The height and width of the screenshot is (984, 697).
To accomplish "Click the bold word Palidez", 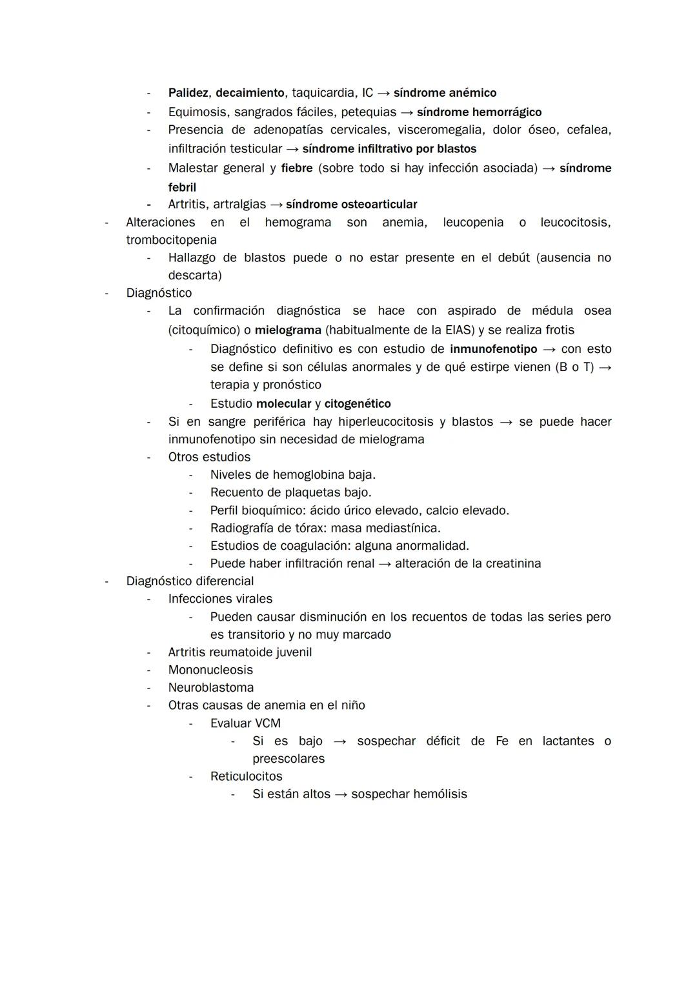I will (x=188, y=93).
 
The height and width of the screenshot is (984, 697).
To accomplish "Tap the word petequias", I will (x=369, y=112).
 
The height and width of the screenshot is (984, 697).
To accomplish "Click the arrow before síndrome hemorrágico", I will (x=407, y=112).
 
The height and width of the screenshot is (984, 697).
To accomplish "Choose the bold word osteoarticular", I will (x=379, y=205).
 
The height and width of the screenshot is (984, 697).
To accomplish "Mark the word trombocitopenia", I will (x=171, y=240).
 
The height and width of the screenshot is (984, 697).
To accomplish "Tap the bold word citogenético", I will (x=358, y=404).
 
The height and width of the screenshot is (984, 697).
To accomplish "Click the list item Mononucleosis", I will (x=210, y=670).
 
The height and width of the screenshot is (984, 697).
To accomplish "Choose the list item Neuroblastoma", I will (x=211, y=688).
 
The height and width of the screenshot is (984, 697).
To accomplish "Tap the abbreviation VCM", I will (x=268, y=723).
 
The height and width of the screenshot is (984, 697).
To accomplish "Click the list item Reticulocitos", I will (x=246, y=776).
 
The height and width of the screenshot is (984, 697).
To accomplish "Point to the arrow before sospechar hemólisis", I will (x=341, y=794).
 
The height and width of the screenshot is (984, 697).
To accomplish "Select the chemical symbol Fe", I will (x=501, y=741).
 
